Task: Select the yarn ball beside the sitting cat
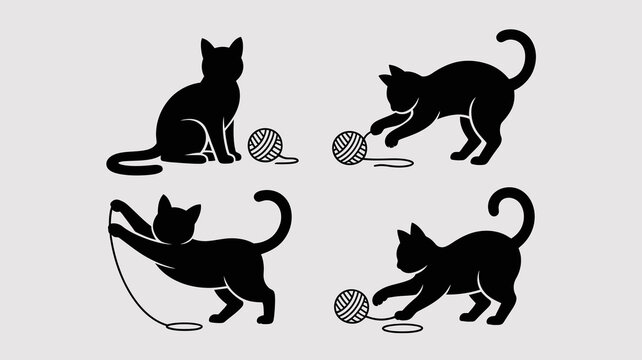click(x=265, y=144)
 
